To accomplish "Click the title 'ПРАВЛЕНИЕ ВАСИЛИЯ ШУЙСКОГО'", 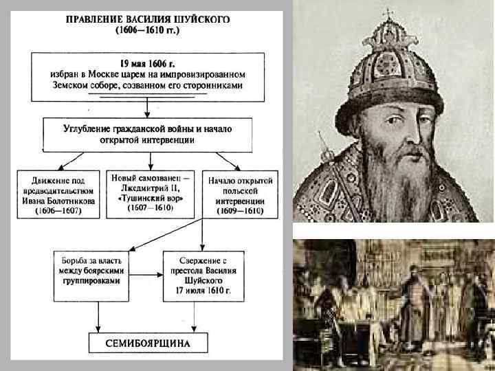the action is [148, 19].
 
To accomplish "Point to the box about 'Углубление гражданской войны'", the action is [147, 134].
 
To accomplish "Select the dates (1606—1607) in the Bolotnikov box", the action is [58, 212].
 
